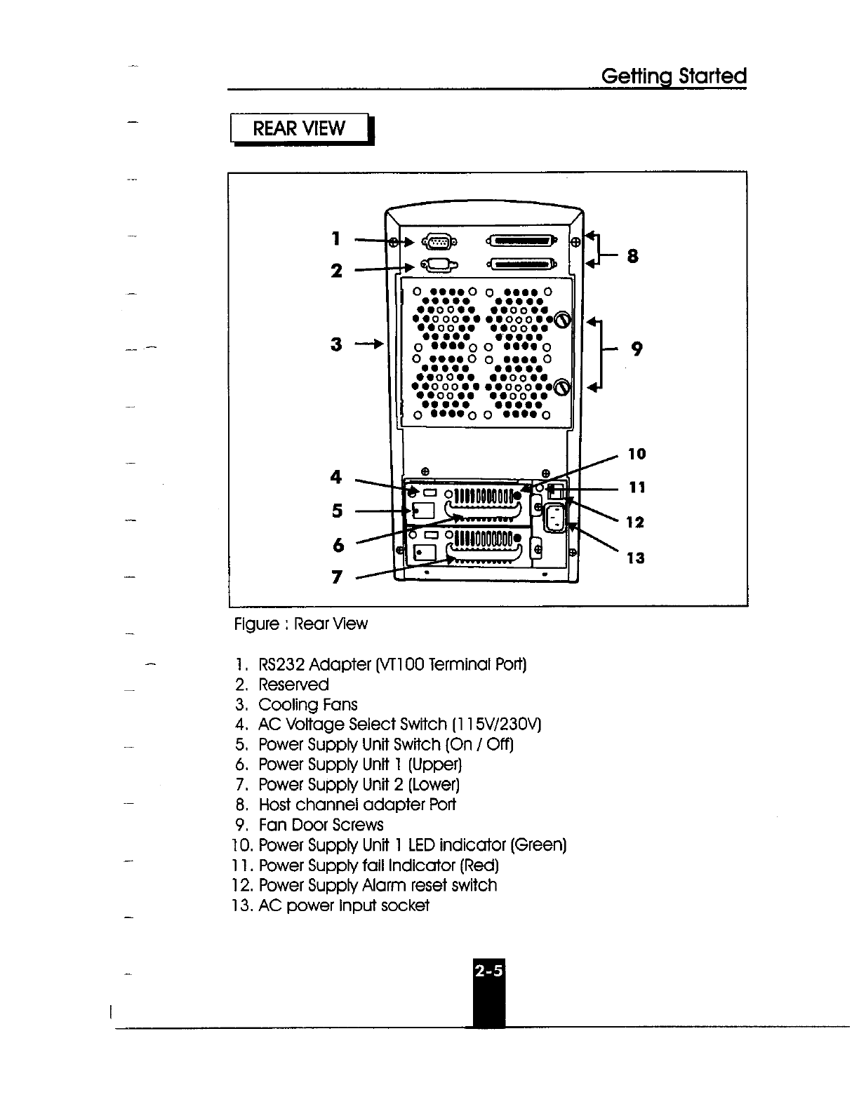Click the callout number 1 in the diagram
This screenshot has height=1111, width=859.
click(337, 238)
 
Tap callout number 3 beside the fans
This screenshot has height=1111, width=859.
click(337, 344)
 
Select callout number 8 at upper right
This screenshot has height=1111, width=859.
click(632, 257)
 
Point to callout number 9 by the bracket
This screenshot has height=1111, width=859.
click(637, 349)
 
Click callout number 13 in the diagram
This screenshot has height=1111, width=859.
click(635, 558)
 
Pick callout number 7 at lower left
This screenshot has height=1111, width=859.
click(337, 577)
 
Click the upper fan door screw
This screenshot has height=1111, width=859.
click(561, 320)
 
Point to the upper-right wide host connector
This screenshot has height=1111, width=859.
click(520, 242)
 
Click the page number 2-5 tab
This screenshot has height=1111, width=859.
click(488, 972)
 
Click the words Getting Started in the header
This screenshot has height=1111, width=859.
click(674, 76)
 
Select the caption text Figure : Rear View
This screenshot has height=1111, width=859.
click(300, 624)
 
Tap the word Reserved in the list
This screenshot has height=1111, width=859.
click(293, 685)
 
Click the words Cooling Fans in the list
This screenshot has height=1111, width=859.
click(308, 704)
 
